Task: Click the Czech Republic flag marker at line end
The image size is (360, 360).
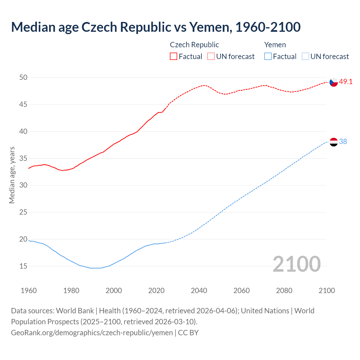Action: click(334, 82)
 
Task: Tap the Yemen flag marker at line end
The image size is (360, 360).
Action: click(334, 142)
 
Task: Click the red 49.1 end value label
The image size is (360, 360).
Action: click(346, 82)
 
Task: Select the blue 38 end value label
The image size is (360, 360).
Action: click(343, 142)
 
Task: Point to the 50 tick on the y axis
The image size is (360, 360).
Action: click(23, 77)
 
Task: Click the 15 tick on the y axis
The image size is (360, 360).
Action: click(23, 266)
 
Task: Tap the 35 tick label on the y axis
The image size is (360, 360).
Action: click(23, 158)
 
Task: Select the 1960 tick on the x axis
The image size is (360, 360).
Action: click(29, 291)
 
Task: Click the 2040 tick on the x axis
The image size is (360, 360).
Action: click(199, 291)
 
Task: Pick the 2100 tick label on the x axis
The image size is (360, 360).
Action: click(327, 291)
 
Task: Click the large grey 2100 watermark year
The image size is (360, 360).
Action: click(297, 264)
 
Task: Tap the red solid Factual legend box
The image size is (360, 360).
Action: click(174, 57)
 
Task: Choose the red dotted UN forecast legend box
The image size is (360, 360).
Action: click(211, 57)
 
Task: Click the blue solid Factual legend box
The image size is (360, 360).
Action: click(268, 57)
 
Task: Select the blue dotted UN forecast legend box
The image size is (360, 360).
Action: click(305, 57)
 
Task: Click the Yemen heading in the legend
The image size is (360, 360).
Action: click(275, 45)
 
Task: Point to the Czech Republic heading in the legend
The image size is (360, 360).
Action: click(194, 45)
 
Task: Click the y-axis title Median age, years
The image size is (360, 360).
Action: click(12, 175)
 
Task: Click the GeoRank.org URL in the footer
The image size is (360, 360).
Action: click(92, 333)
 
